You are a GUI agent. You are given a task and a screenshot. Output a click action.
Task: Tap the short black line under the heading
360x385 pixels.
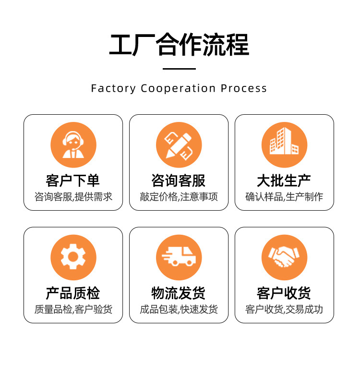pyautogui.click(x=179, y=69)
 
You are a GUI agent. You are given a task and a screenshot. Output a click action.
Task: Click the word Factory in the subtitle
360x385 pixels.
pyautogui.click(x=113, y=88)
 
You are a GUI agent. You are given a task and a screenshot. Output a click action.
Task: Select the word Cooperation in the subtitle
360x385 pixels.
pyautogui.click(x=178, y=88)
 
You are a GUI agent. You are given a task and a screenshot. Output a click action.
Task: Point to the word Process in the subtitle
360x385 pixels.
pyautogui.click(x=244, y=88)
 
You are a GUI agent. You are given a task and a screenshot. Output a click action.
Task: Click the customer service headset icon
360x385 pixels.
pyautogui.click(x=73, y=145)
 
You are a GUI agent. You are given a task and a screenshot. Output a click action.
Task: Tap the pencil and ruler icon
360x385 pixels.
pyautogui.click(x=179, y=145)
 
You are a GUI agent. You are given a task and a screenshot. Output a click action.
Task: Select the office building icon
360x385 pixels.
pyautogui.click(x=284, y=145)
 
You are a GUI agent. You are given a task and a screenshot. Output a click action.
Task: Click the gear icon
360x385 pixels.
pyautogui.click(x=73, y=257)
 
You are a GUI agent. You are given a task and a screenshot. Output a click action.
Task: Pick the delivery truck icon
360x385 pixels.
pyautogui.click(x=179, y=257)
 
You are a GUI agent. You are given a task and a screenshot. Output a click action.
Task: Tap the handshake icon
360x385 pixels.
pyautogui.click(x=284, y=257)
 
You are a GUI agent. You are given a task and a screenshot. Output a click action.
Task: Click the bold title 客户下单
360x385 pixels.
pyautogui.click(x=73, y=180)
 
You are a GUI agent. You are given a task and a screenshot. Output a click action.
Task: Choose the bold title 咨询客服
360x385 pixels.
pyautogui.click(x=179, y=180)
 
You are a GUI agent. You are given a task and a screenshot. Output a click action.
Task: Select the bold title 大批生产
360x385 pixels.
pyautogui.click(x=284, y=180)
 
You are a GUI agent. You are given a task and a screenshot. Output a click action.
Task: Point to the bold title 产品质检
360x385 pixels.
pyautogui.click(x=73, y=293)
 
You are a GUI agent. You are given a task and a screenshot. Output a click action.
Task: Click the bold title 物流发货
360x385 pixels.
pyautogui.click(x=179, y=293)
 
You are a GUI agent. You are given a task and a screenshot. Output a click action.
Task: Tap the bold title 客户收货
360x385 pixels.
pyautogui.click(x=284, y=293)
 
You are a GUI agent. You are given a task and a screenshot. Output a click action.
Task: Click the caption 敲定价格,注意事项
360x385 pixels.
pyautogui.click(x=179, y=197)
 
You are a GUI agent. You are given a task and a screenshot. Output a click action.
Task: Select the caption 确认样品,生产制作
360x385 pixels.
pyautogui.click(x=284, y=197)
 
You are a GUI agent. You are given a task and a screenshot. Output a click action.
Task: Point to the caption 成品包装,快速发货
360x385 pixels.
pyautogui.click(x=179, y=309)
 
